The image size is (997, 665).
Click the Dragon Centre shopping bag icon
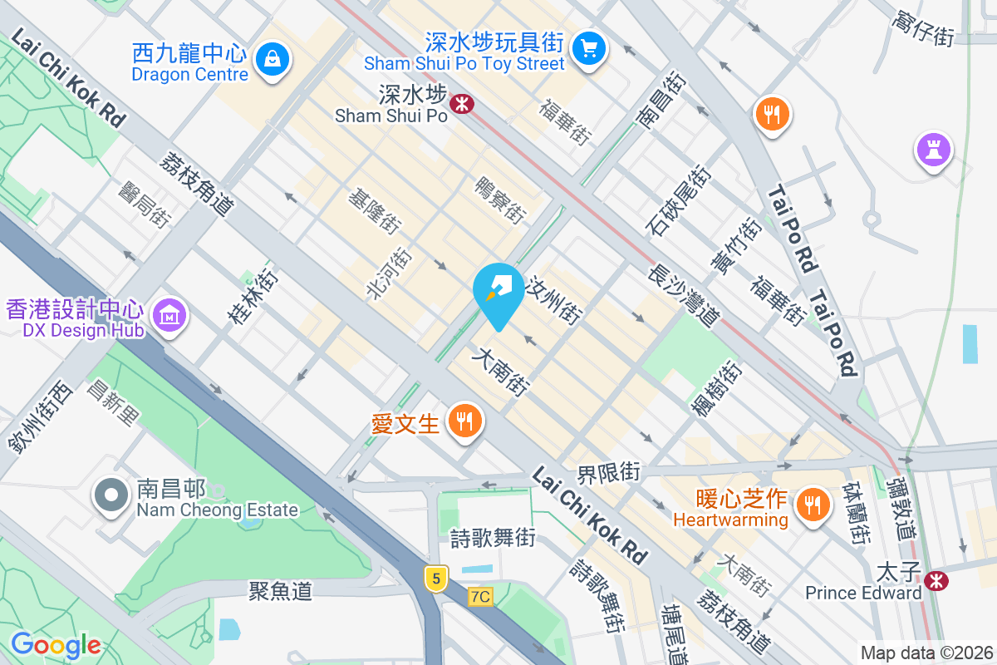[x=272, y=58]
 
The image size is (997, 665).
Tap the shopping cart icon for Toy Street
[x=590, y=47]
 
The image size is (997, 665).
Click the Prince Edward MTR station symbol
[x=936, y=580]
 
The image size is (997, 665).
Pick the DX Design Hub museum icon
[x=169, y=316]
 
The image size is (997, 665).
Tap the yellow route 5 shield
[x=435, y=577]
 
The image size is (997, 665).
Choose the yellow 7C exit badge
[x=480, y=596]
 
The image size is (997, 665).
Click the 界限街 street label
[x=609, y=473]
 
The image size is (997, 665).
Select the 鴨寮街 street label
[x=501, y=200]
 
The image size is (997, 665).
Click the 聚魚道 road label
[x=281, y=591]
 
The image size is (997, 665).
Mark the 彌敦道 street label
[x=901, y=506]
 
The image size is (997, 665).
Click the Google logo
[x=56, y=644]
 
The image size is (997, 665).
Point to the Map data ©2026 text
[x=926, y=653]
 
